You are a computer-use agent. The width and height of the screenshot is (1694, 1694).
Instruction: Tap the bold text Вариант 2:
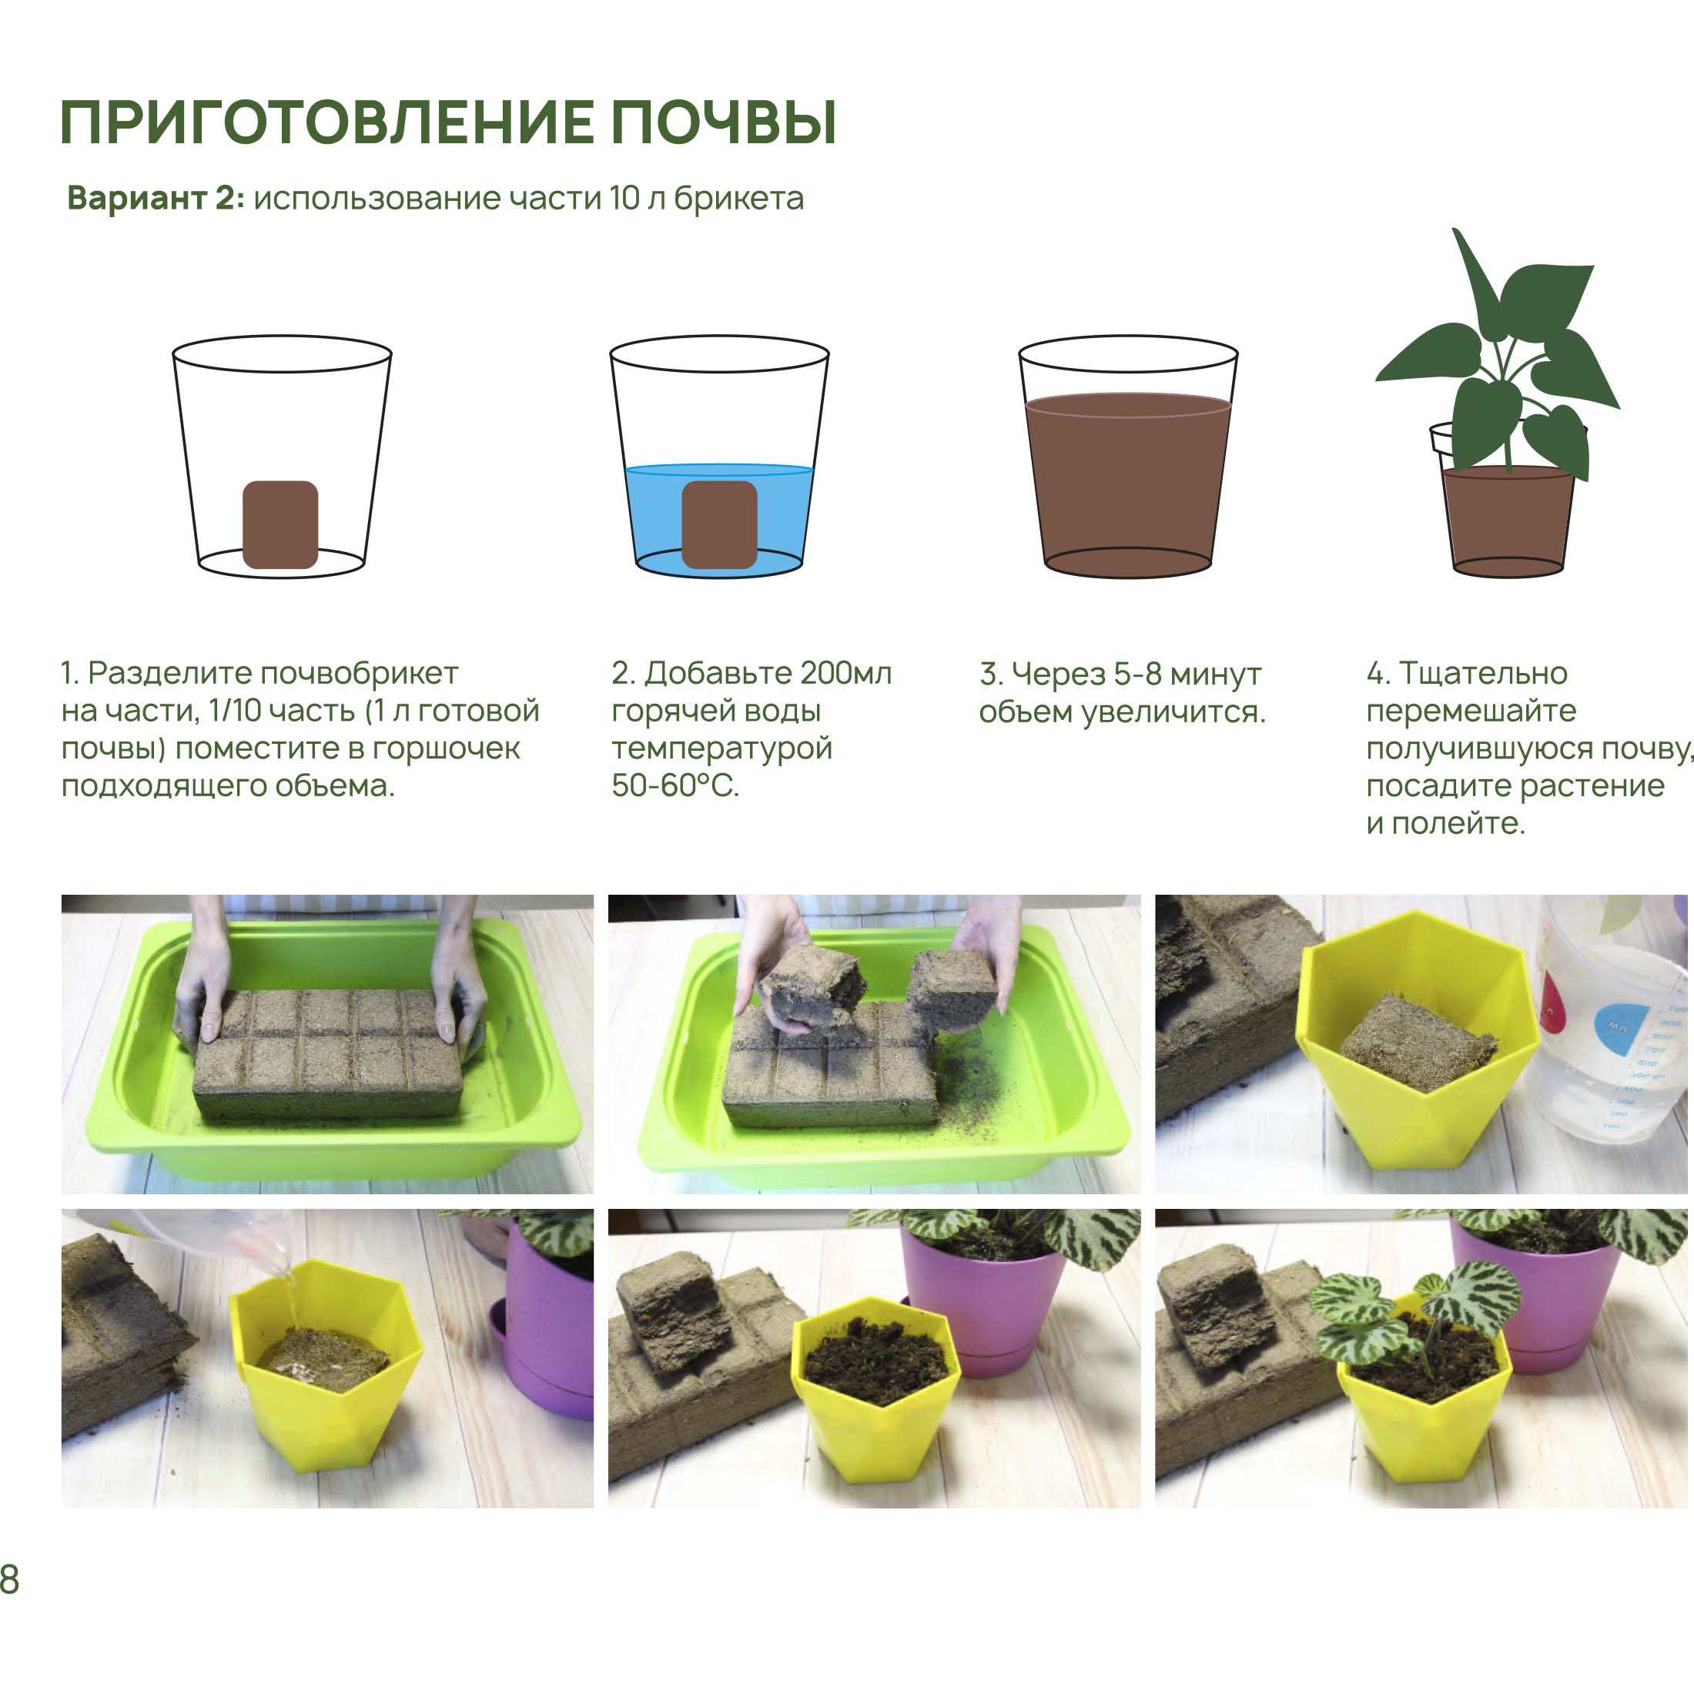[156, 198]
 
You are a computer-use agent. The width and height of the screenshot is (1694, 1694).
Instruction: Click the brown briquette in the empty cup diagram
[280, 524]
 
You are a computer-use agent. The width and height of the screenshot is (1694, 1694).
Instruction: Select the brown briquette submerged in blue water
[719, 524]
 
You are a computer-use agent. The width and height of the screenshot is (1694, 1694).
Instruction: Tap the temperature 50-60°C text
[675, 785]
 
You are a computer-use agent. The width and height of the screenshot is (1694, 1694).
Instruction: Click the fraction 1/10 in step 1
[235, 711]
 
